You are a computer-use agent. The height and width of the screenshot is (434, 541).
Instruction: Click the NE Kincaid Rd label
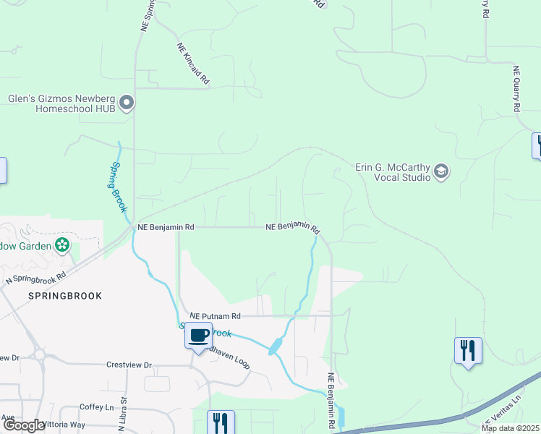192,64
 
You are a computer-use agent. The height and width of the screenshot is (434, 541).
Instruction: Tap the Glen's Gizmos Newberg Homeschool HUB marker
127,103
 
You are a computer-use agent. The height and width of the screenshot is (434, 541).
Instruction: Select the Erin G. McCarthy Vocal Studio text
393,171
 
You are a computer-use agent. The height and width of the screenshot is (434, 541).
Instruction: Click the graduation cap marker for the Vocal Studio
441,171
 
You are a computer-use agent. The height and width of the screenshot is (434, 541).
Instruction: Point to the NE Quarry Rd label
516,89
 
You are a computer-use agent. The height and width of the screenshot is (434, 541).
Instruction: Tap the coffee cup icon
198,336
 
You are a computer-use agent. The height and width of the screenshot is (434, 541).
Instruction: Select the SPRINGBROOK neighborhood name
65,296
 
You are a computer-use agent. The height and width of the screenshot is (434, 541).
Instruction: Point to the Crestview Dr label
129,365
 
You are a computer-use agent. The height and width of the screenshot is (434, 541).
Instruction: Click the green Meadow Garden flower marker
63,245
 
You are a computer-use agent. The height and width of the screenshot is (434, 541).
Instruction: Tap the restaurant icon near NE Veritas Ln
468,352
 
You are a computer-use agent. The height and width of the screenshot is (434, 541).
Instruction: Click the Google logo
24,426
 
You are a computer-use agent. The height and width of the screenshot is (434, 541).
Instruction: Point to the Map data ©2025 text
510,428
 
